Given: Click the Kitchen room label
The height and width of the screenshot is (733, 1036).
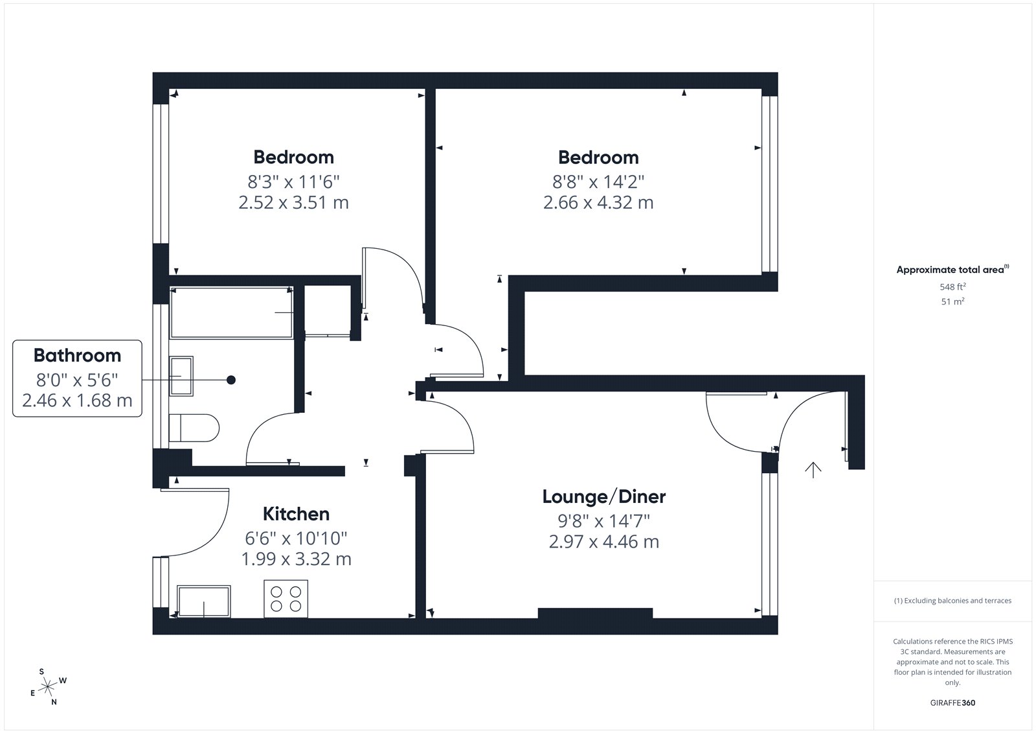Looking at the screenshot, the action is pos(296,514).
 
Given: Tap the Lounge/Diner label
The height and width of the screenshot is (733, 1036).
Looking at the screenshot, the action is pos(604,496).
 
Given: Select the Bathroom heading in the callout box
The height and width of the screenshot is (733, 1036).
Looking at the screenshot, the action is pos(77,355).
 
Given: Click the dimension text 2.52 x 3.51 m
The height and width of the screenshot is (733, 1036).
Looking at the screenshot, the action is pos(293,202).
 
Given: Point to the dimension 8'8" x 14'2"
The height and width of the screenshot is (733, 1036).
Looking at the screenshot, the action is pos(598,181).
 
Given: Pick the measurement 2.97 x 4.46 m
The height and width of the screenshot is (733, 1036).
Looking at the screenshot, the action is pos(604,541).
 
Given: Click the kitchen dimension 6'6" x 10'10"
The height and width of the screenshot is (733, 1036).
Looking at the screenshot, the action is pos(296,538).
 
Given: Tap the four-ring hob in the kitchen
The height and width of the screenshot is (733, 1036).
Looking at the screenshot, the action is pos(286,599).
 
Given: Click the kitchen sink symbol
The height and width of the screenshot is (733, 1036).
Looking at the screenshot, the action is pos(203,601).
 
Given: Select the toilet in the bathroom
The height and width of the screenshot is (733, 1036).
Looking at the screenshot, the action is pos(194,428).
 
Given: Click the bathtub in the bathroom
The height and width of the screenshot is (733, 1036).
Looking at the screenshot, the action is pos(232,313).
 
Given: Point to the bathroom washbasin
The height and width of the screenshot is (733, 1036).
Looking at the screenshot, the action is pos(181,376).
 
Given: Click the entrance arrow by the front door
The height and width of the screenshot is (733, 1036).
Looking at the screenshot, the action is pos(813,469).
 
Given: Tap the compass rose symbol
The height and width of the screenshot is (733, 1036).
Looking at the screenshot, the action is pos(48,687).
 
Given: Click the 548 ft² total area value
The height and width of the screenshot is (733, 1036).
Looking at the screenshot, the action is pos(952,286).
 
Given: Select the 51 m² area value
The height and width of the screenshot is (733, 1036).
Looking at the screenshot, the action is pos(952,301).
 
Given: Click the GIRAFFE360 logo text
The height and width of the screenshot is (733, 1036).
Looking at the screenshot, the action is pos(952,703).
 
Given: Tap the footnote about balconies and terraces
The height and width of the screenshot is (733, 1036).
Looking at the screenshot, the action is pos(952,601).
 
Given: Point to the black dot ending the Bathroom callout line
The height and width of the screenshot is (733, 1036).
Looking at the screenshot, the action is pos(231,380).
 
